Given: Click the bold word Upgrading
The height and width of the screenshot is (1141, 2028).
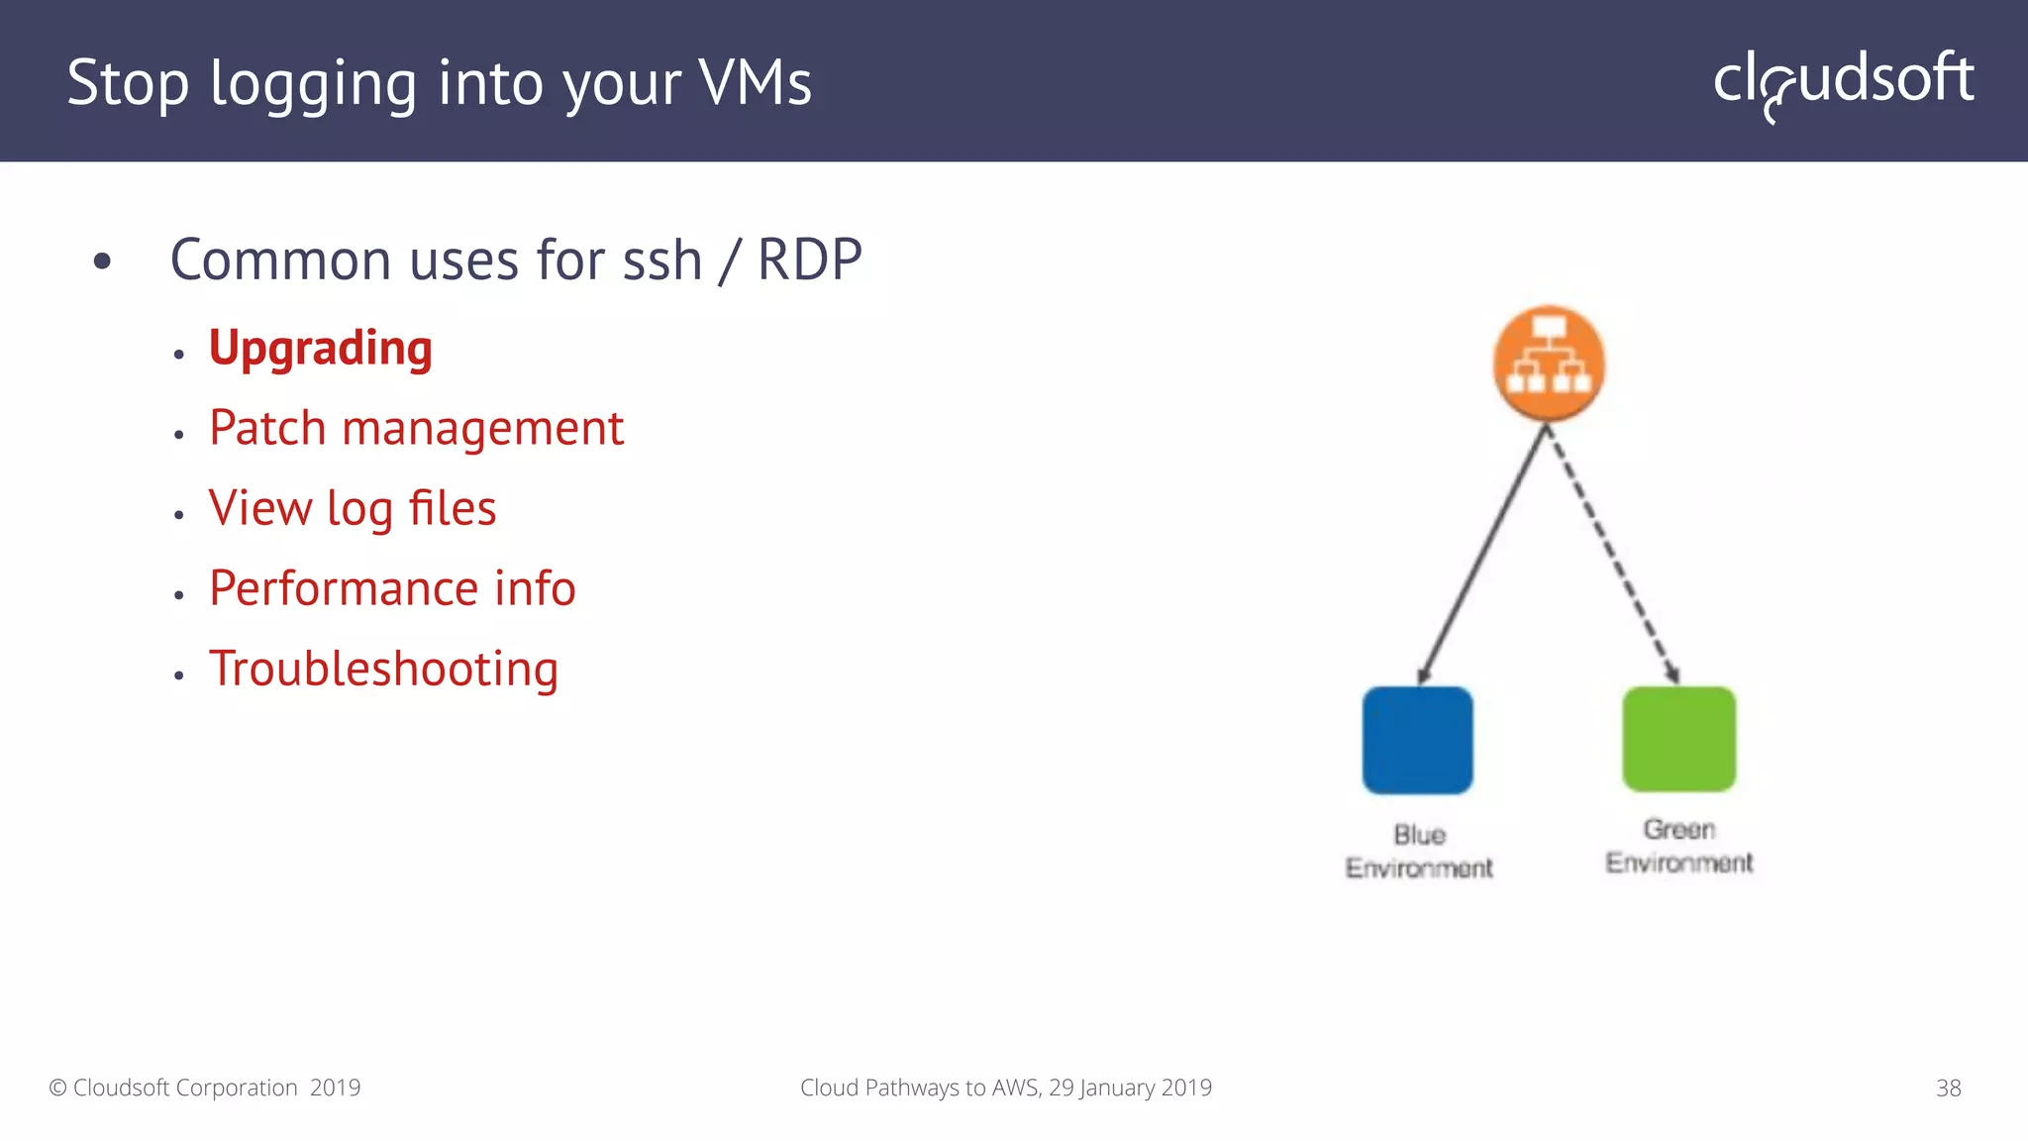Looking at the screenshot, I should [x=320, y=349].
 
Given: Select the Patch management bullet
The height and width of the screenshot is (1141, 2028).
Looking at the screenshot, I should [x=416, y=429].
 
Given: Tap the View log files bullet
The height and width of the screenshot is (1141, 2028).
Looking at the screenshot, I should [x=352, y=509].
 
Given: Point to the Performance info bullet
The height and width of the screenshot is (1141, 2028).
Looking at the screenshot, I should [x=392, y=589].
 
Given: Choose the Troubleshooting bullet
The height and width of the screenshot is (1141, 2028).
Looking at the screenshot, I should [x=383, y=670].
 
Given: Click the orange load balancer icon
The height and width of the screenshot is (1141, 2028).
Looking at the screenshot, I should [x=1549, y=363].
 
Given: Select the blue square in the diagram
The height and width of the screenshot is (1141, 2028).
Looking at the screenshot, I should [x=1417, y=740].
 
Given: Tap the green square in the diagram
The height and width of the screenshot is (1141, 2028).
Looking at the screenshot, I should [x=1678, y=739].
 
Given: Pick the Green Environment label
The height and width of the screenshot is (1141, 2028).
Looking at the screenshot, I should [x=1679, y=846].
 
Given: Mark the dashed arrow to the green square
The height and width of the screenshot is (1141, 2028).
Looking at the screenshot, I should [x=1612, y=555].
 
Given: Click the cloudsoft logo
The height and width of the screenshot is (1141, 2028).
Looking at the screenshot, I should [x=1843, y=81].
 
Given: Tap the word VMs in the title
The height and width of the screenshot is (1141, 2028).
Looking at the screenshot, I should [x=755, y=83].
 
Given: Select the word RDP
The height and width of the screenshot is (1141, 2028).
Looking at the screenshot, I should [x=809, y=260].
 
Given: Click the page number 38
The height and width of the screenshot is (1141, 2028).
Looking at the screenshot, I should [x=1948, y=1089].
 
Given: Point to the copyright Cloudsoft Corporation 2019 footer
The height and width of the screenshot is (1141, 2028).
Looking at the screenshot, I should [x=205, y=1089].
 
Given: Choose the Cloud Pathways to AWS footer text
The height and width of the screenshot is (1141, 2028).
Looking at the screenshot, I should [x=1005, y=1089].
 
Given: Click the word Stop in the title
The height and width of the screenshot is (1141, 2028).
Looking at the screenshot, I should [x=127, y=83].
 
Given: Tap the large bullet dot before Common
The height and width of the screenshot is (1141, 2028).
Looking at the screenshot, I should [x=102, y=262].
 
